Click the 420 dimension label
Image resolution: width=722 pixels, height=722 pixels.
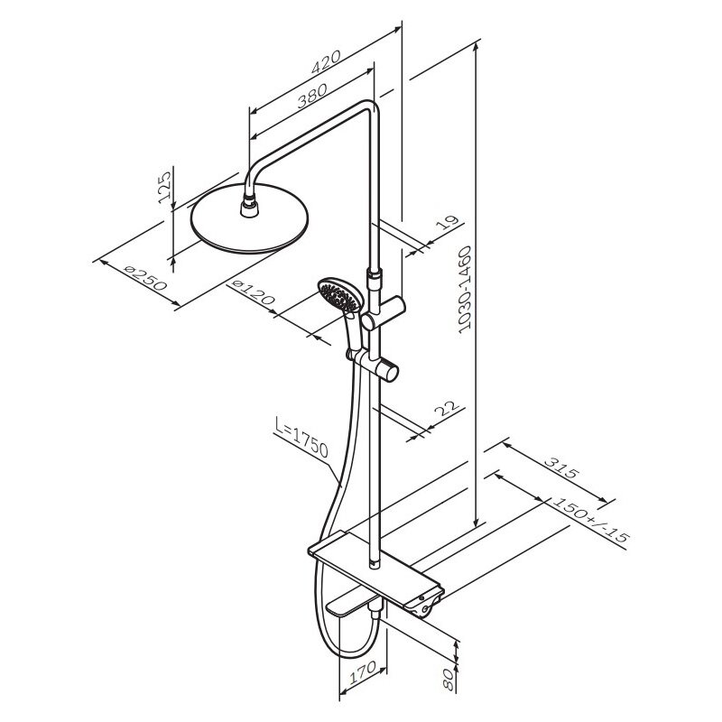tap(326, 61)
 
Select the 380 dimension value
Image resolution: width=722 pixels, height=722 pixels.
tap(311, 96)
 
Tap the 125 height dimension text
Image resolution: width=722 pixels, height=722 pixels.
tap(164, 188)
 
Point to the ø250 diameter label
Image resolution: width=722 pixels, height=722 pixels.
tap(145, 278)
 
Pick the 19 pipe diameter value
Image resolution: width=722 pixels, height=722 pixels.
tap(448, 222)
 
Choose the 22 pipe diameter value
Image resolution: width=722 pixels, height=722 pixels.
tap(447, 408)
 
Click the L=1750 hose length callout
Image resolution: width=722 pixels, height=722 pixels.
tap(301, 437)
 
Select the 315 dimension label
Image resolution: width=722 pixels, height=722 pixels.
tap(560, 467)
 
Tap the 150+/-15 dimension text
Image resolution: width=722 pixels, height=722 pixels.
tap(590, 523)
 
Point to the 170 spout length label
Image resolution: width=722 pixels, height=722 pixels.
tap(363, 672)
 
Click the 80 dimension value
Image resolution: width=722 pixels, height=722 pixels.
tap(447, 680)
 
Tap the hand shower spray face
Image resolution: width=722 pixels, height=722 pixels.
tap(338, 296)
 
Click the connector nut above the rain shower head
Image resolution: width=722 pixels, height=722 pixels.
tap(250, 205)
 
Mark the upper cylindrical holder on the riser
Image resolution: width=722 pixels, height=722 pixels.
tap(383, 313)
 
